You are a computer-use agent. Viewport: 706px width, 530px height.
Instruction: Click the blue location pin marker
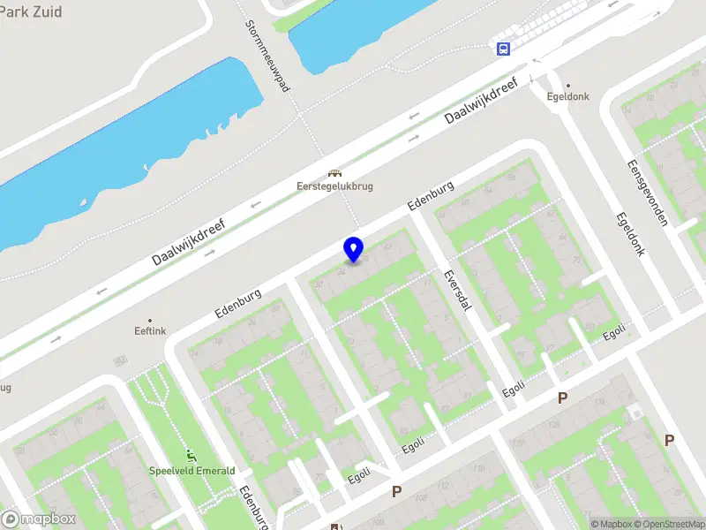click(354, 249)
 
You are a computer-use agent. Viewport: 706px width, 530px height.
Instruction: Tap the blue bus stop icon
click(503, 49)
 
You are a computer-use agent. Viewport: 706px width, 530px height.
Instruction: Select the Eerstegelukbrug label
click(334, 186)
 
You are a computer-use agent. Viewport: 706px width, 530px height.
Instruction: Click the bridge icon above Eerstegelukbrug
click(334, 173)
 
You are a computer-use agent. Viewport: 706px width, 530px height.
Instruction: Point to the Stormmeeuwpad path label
click(268, 56)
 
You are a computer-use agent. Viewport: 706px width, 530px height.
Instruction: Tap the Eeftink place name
click(150, 331)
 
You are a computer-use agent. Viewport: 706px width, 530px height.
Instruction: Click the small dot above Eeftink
click(150, 320)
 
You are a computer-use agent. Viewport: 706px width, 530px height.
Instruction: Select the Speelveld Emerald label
click(192, 471)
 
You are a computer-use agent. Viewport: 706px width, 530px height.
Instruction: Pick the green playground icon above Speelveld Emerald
click(192, 456)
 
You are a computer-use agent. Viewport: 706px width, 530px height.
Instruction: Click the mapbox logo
click(39, 519)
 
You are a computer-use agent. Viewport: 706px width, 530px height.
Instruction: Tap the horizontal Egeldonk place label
click(567, 97)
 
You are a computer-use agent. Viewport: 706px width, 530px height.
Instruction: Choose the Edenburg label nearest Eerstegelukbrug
click(431, 195)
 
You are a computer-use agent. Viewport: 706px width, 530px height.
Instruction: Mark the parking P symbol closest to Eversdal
click(562, 398)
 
